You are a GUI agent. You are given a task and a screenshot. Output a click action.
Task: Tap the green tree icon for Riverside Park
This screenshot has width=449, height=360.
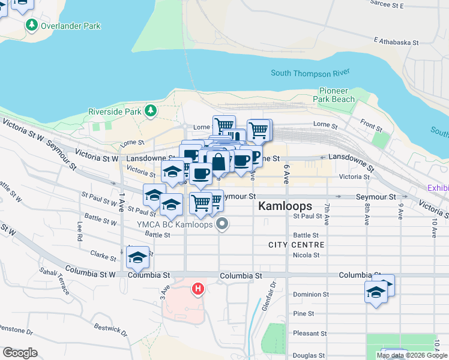[x=150, y=111]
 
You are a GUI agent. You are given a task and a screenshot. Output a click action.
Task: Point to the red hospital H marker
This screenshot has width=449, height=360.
[x=197, y=290]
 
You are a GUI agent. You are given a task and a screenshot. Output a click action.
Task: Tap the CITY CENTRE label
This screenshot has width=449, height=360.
[x=296, y=245]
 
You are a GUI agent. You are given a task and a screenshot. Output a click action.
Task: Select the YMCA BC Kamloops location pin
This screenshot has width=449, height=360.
[x=223, y=225]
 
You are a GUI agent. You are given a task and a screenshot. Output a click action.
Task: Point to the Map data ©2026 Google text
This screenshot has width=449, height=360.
[x=411, y=355]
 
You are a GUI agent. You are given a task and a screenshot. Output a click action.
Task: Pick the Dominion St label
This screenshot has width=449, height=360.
[x=310, y=295]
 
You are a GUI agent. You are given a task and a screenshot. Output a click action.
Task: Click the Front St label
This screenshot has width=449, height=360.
[x=372, y=125]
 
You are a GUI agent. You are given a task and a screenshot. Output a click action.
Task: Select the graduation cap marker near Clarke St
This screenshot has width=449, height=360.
[x=137, y=258]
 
